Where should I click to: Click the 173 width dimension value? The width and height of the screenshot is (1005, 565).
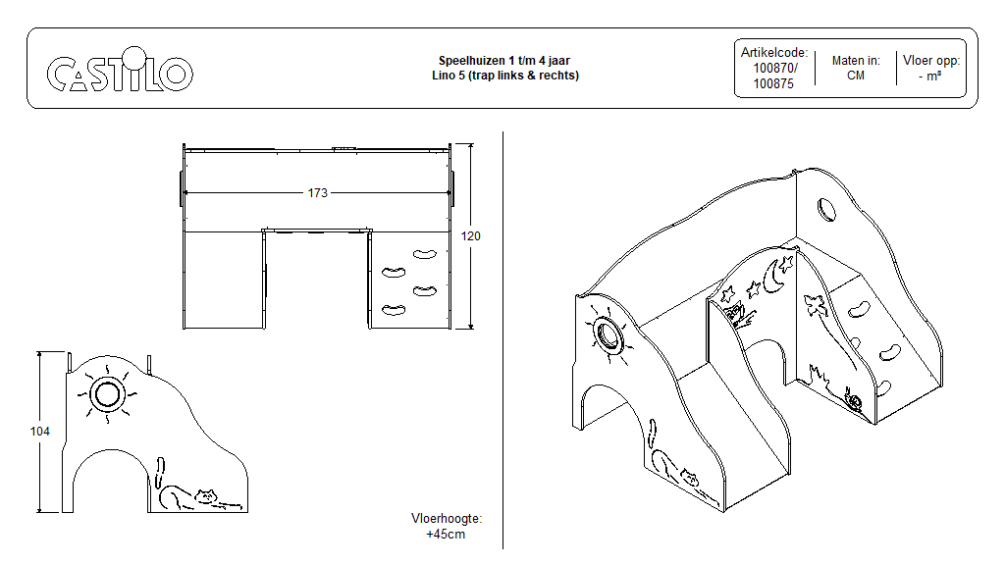click(x=317, y=193)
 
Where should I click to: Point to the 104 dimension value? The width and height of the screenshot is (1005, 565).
click(x=39, y=432)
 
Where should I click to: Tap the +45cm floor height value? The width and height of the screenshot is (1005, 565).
click(x=446, y=535)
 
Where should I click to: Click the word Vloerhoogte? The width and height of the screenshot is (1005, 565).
click(x=447, y=519)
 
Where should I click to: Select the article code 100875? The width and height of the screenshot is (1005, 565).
click(x=774, y=83)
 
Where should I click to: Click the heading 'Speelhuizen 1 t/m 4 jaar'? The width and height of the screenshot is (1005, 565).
click(x=504, y=61)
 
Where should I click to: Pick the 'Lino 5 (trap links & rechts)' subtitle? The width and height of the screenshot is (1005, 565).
click(x=504, y=76)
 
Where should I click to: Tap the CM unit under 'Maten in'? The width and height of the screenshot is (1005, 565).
click(x=855, y=76)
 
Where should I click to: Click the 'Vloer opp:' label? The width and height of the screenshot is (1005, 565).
click(x=930, y=61)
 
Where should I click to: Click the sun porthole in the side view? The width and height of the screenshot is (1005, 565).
click(x=107, y=394)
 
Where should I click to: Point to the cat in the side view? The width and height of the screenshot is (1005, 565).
click(x=196, y=496)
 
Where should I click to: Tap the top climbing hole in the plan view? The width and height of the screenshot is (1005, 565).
click(x=424, y=253)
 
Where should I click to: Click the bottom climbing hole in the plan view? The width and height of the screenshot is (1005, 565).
click(x=394, y=311)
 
